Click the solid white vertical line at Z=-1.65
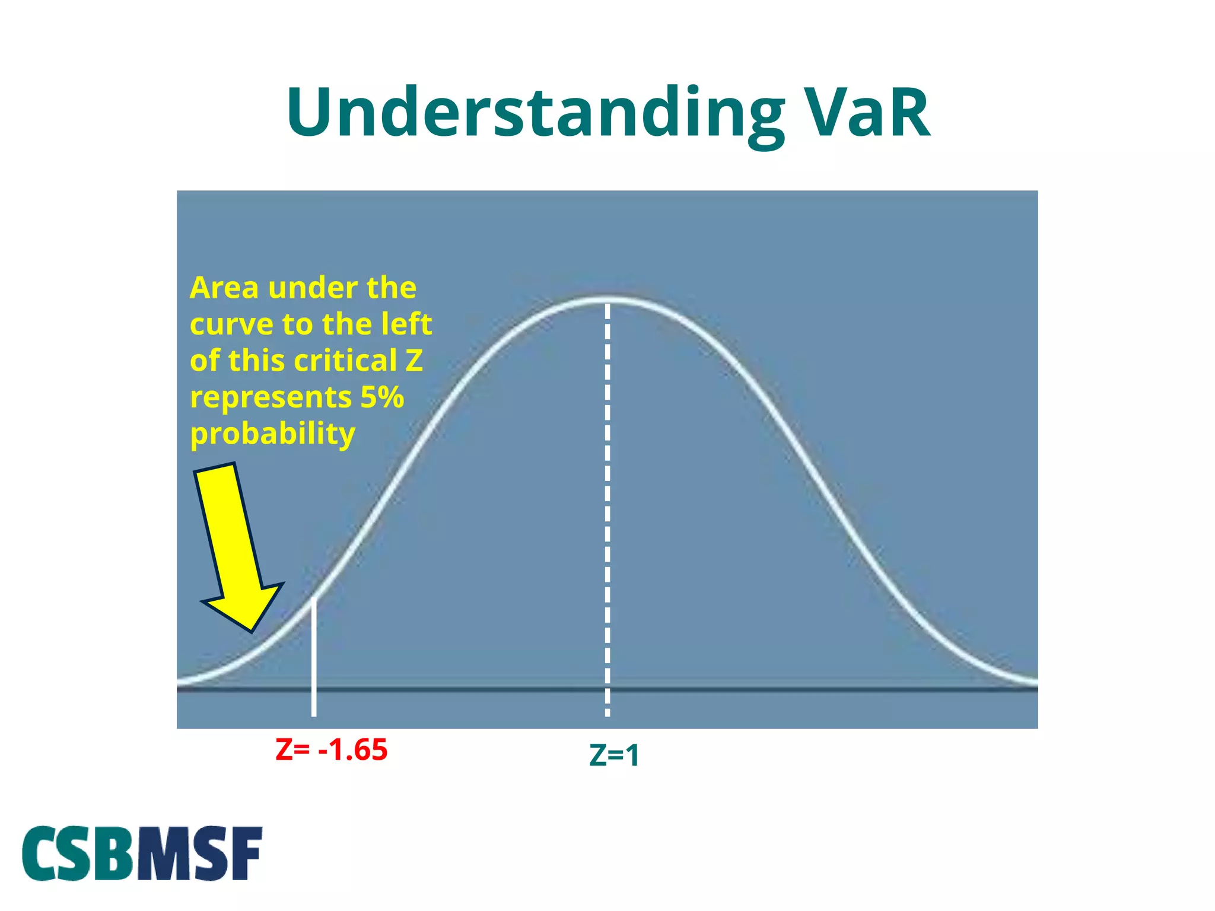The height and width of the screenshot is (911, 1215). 314,658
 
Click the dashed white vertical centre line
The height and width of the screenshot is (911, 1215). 607,504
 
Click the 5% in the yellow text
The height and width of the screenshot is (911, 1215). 382,397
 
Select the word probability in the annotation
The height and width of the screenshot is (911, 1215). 272,434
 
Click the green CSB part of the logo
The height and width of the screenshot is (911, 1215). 78,853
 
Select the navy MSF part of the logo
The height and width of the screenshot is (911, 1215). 199,853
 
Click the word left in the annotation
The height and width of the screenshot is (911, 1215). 406,324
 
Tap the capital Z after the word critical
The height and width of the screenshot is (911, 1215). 414,361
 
